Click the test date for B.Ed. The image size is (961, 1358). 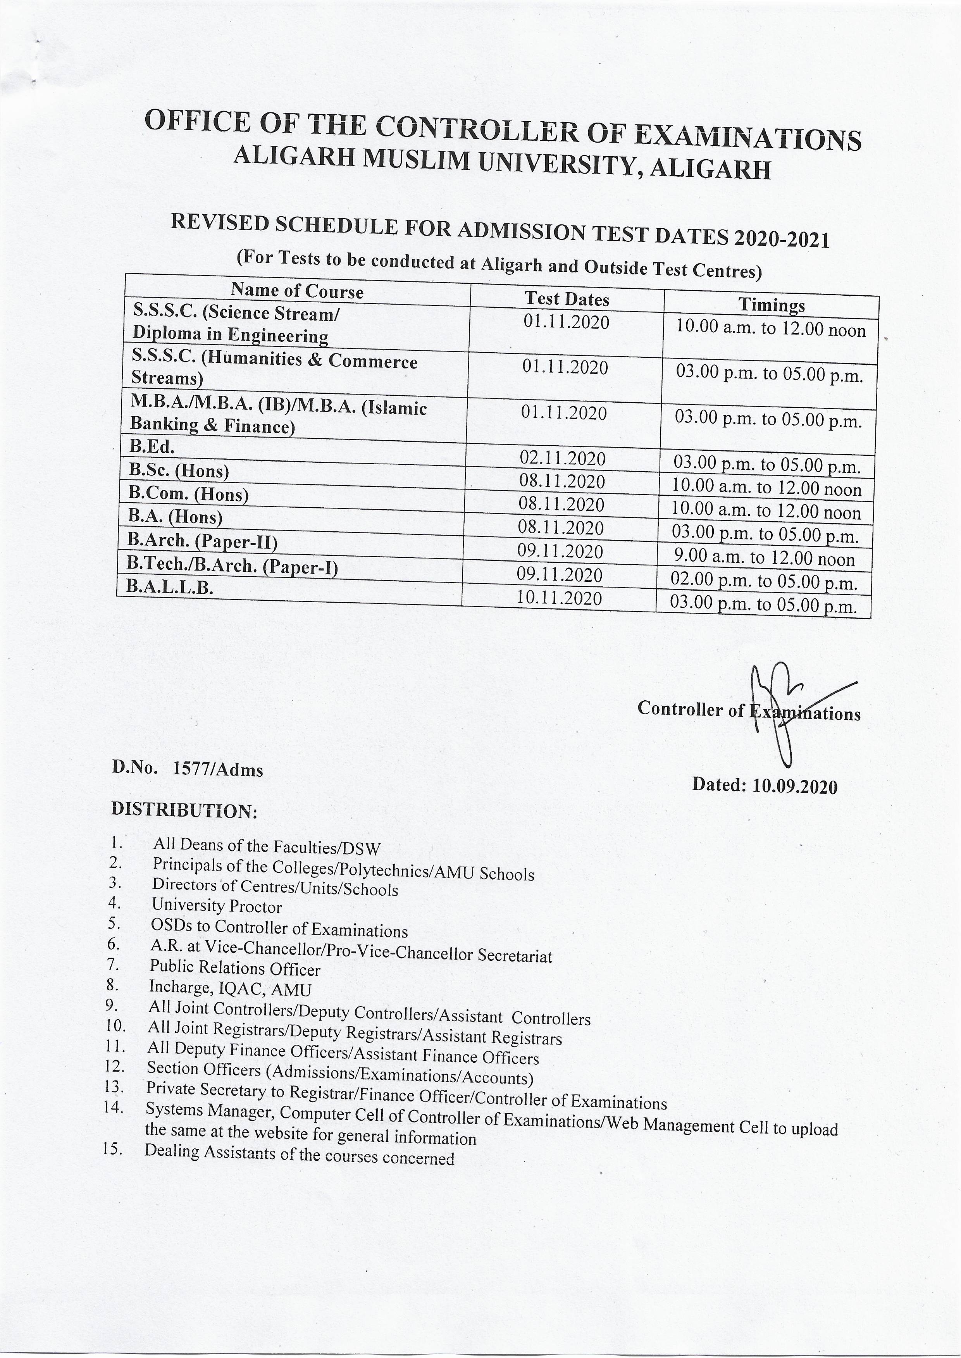tap(562, 458)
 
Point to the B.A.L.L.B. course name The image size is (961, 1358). tap(170, 587)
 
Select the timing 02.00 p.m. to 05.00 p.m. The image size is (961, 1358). tap(763, 582)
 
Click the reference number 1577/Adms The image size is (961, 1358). tap(218, 769)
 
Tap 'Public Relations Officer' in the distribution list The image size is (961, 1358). tap(235, 968)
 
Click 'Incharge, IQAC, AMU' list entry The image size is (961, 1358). tap(230, 988)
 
